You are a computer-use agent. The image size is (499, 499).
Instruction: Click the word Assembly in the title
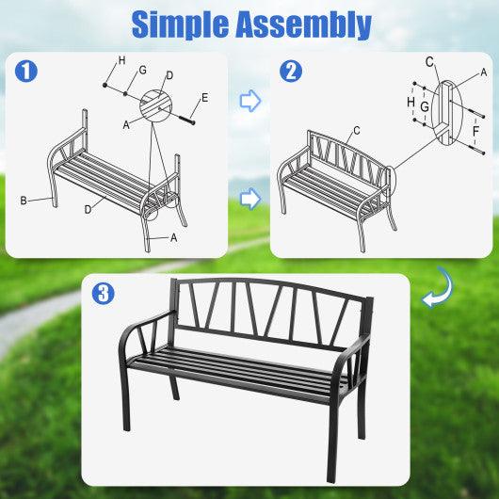point(307,24)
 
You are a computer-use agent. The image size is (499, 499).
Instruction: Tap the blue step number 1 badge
point(27,70)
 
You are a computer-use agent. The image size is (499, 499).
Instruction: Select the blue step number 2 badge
point(291,70)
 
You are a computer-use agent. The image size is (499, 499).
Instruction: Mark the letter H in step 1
point(121,62)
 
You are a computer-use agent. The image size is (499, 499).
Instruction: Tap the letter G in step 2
point(425,107)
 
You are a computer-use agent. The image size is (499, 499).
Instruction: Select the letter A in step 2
point(484,72)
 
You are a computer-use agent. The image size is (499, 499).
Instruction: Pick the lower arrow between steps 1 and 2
point(249,198)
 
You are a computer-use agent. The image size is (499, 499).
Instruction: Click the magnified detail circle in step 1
point(158,105)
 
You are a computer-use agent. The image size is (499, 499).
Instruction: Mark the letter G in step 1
point(142,70)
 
